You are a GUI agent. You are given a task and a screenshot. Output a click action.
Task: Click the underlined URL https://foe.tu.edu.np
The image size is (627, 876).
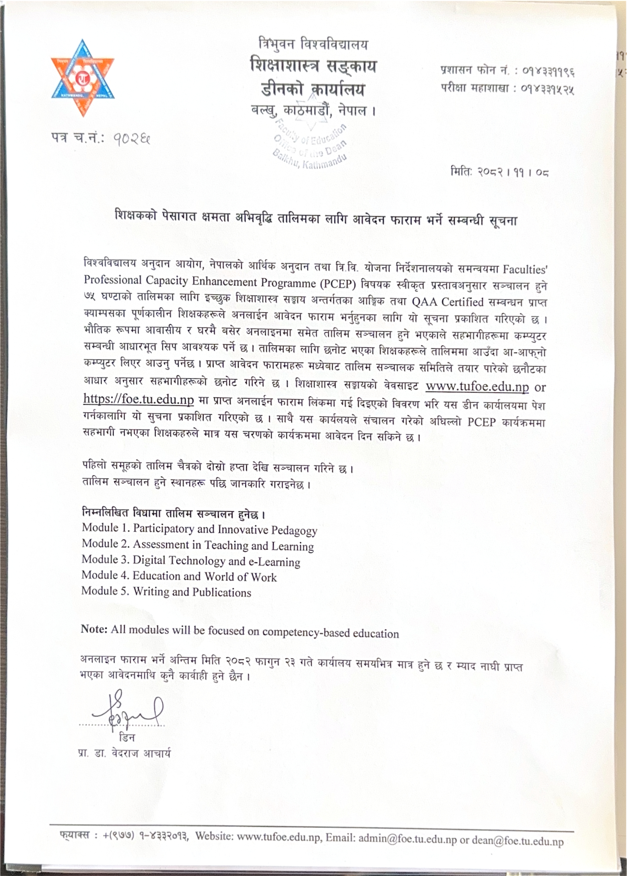(x=138, y=399)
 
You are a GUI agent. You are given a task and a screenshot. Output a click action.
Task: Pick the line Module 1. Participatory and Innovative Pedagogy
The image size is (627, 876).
(x=199, y=529)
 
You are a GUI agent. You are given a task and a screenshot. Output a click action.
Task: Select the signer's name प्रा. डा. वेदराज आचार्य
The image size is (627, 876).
(x=124, y=753)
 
